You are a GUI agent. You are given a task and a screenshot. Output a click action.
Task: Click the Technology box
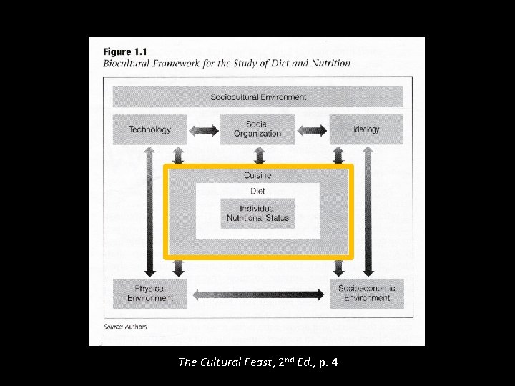pyautogui.click(x=149, y=129)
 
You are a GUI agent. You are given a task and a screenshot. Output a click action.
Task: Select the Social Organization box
pyautogui.click(x=257, y=129)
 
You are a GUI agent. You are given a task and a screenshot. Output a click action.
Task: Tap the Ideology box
pyautogui.click(x=366, y=129)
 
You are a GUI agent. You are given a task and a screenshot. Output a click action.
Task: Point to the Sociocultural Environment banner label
pyautogui.click(x=258, y=96)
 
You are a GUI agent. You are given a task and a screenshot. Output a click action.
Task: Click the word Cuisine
pyautogui.click(x=257, y=175)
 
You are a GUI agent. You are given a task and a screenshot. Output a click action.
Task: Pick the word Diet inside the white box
pyautogui.click(x=257, y=191)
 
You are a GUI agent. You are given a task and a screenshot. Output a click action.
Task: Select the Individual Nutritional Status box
pyautogui.click(x=257, y=213)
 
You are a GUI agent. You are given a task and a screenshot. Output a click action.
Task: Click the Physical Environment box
pyautogui.click(x=150, y=293)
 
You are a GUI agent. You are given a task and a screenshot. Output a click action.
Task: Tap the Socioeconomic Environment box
pyautogui.click(x=366, y=293)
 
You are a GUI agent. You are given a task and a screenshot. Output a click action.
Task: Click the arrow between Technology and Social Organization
pyautogui.click(x=203, y=130)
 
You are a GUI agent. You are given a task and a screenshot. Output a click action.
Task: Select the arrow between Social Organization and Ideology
pyautogui.click(x=312, y=130)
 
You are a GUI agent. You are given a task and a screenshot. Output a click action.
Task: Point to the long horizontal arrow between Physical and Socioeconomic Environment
pyautogui.click(x=258, y=294)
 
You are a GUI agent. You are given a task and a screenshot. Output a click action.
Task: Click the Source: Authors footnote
pyautogui.click(x=125, y=327)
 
